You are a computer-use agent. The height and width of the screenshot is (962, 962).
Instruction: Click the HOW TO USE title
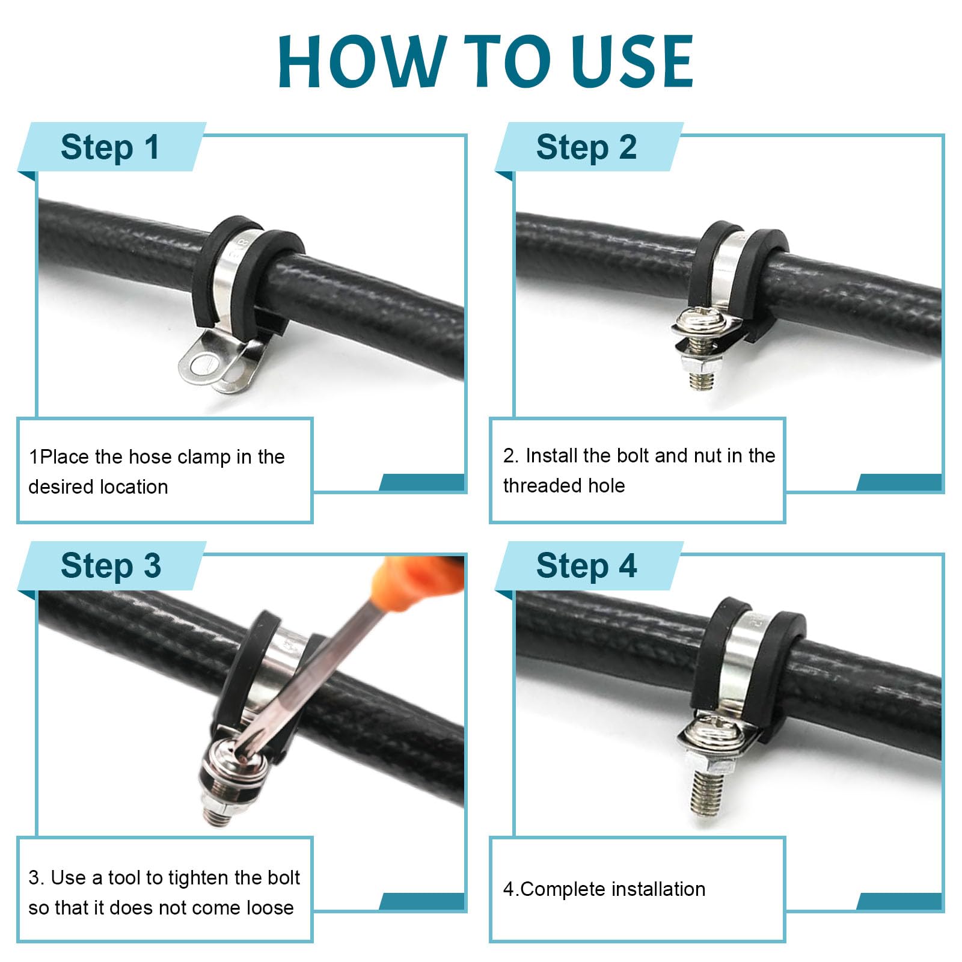click(486, 61)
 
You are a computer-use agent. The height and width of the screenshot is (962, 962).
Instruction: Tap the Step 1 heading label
click(111, 147)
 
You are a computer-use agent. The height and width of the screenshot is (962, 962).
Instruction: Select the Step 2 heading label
click(586, 147)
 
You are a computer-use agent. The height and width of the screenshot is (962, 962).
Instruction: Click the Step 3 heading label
click(111, 566)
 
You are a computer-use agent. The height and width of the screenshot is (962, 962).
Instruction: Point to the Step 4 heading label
click(586, 566)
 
